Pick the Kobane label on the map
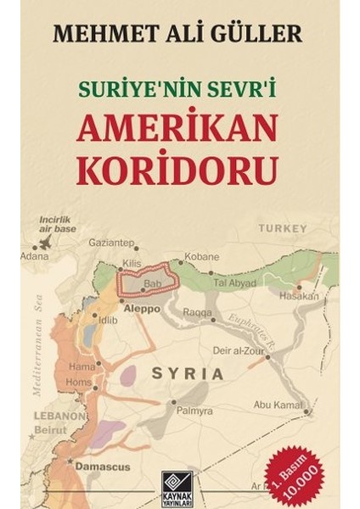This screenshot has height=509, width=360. (202, 256)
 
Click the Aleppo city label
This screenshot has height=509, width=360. (141, 310)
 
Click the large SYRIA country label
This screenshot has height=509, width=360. (188, 372)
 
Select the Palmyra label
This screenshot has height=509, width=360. (195, 411)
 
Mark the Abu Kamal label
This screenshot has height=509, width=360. (279, 405)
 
